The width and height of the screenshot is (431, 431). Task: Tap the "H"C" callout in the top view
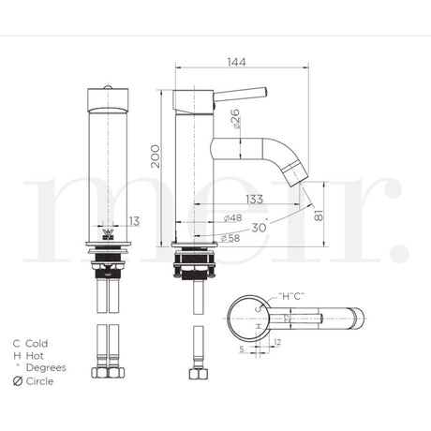point(292,296)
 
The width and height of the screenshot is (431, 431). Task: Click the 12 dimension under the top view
point(276,342)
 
